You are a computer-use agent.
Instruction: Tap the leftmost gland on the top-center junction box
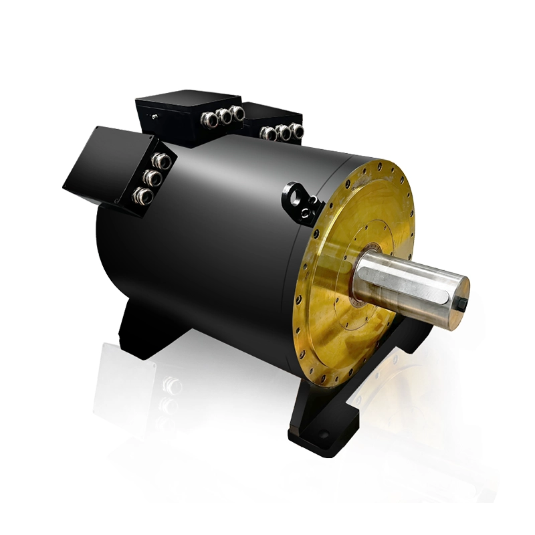click(x=210, y=120)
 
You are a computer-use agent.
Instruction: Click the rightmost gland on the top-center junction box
click(x=237, y=112)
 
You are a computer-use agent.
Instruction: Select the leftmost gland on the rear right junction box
click(x=269, y=134)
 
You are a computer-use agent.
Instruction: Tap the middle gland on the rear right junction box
click(x=284, y=132)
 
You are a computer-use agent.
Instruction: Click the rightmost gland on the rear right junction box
click(x=296, y=130)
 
